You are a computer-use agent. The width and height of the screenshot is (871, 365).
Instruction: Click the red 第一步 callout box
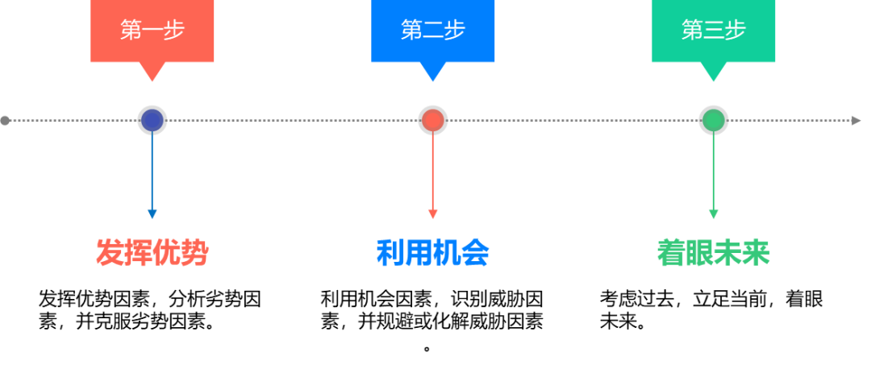(x=152, y=31)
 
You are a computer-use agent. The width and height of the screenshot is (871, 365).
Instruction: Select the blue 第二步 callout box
(x=432, y=31)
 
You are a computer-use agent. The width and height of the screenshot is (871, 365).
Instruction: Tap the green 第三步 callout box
(x=713, y=31)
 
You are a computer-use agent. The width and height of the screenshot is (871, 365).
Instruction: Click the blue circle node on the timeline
(x=152, y=120)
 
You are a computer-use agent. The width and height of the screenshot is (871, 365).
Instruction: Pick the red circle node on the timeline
(x=432, y=120)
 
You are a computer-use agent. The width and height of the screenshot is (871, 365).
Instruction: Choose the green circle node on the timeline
(x=713, y=120)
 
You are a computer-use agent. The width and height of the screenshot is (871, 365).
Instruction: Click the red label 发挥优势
(x=152, y=252)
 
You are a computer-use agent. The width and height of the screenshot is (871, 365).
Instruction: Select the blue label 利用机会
(x=432, y=252)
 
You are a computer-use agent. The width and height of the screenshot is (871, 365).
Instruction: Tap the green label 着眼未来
(x=713, y=252)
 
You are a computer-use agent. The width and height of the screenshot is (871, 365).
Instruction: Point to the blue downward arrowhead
(x=152, y=214)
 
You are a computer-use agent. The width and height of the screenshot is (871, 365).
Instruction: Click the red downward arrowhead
(x=432, y=214)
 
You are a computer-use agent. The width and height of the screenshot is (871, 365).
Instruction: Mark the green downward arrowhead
(x=713, y=214)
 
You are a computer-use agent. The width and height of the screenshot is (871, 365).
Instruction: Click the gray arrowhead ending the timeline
(x=856, y=120)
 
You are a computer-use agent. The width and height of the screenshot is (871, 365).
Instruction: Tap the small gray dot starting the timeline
(x=5, y=120)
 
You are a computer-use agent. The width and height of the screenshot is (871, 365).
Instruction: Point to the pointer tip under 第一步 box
(x=152, y=78)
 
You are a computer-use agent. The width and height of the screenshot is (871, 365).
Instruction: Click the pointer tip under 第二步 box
(x=432, y=78)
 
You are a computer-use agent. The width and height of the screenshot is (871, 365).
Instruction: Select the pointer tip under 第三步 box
(x=713, y=78)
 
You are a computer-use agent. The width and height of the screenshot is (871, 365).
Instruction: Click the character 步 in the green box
(x=736, y=31)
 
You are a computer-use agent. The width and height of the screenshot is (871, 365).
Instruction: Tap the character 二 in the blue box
(x=433, y=31)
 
